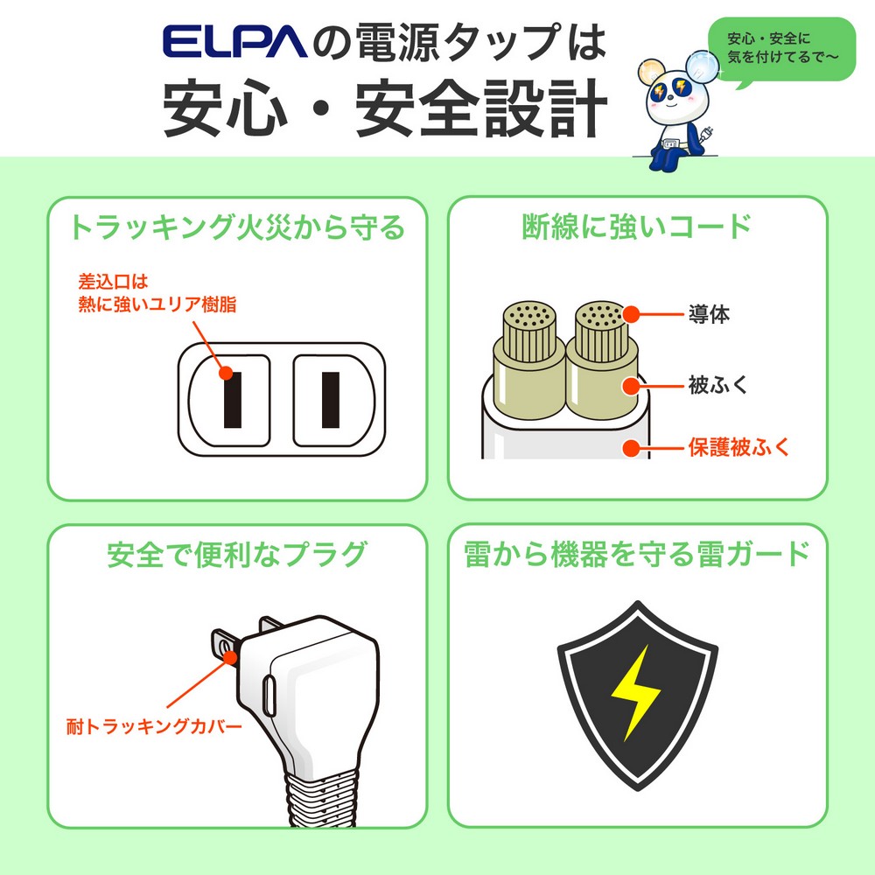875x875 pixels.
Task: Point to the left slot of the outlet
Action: [x=232, y=399]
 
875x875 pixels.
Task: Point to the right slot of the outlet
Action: [x=330, y=399]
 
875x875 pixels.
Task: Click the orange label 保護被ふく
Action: [x=738, y=448]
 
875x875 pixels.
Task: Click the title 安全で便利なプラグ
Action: [x=235, y=555]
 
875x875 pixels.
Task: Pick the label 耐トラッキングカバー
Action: [x=154, y=725]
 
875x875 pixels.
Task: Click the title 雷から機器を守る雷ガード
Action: [x=636, y=555]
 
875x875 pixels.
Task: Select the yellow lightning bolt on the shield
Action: [x=636, y=691]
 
